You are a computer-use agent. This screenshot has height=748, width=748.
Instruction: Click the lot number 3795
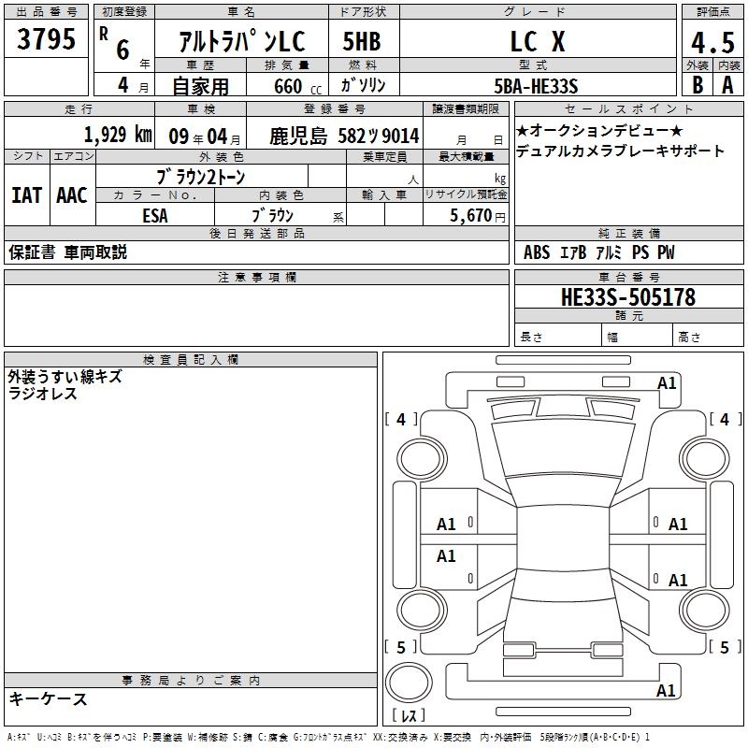(x=46, y=39)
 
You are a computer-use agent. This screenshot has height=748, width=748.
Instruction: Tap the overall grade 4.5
(x=712, y=43)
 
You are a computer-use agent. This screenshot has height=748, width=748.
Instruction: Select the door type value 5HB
(x=362, y=41)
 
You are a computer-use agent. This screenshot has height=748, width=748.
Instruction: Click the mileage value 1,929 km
(x=118, y=135)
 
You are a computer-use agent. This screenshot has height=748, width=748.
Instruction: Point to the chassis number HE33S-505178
(x=628, y=297)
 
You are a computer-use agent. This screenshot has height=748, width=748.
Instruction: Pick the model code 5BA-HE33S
(x=536, y=86)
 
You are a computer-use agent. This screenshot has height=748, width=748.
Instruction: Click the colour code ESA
(x=155, y=216)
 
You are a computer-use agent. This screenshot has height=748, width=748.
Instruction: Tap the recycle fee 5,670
(x=471, y=216)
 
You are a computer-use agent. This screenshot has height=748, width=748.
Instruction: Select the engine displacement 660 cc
(x=297, y=87)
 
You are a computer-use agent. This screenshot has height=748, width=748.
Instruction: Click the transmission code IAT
(x=26, y=195)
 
